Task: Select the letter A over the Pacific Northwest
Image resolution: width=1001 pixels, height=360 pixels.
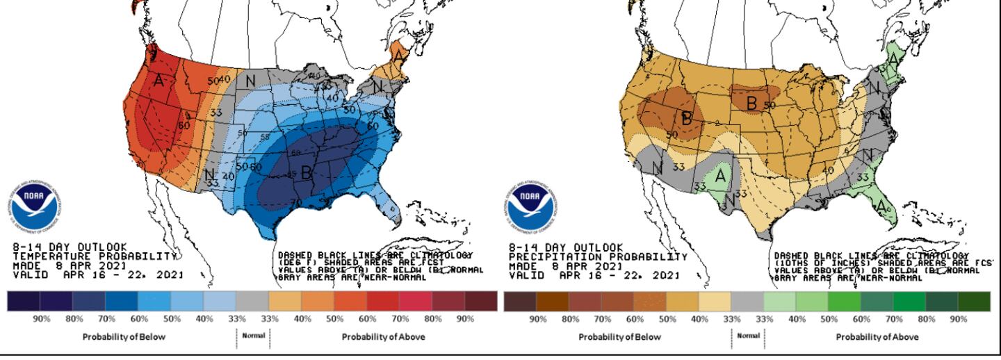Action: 159,81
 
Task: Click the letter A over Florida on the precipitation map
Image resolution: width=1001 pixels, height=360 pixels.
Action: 881,206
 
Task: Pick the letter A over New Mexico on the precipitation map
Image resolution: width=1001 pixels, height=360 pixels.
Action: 719,177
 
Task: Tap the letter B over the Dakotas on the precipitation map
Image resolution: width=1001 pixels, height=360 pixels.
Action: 751,101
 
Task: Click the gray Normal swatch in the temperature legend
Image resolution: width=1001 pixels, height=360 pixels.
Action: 252,301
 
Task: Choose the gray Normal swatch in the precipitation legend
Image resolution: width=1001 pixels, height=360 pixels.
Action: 747,301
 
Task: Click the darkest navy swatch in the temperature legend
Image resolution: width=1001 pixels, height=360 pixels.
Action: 23,301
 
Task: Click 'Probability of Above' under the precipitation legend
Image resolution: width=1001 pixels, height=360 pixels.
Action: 877,337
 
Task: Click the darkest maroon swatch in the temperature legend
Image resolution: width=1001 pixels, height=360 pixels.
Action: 482,301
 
